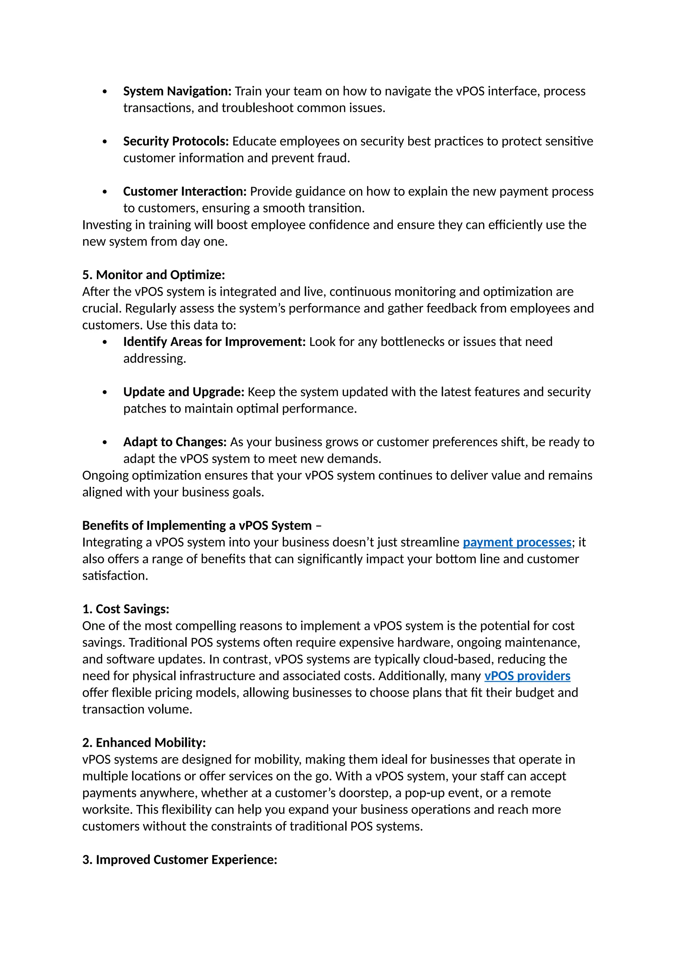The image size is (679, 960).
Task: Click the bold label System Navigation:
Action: tap(177, 91)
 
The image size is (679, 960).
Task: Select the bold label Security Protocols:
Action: tap(176, 141)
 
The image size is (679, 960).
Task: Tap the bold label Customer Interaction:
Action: tap(185, 192)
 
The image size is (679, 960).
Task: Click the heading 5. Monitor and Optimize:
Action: tap(154, 275)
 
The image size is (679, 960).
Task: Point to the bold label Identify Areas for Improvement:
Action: tap(214, 342)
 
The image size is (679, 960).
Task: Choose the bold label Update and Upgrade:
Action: tap(184, 392)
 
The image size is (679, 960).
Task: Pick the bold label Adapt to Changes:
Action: tap(175, 442)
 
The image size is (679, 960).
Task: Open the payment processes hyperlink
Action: tap(517, 543)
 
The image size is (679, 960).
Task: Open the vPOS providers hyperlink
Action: tap(527, 677)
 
